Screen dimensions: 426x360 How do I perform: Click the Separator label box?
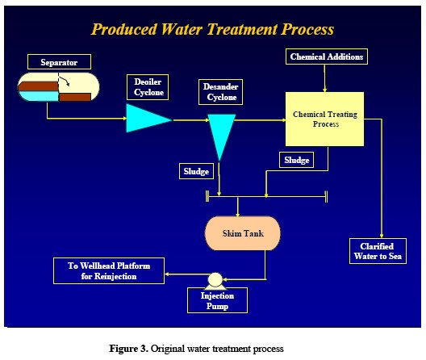(x=59, y=61)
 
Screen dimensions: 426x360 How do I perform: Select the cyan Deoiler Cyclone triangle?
(x=145, y=119)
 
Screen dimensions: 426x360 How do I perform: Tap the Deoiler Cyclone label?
(x=148, y=87)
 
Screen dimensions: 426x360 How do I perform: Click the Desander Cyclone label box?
(x=220, y=92)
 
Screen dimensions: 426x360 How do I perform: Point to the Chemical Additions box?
(x=327, y=57)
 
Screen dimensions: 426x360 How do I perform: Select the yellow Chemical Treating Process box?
(x=324, y=119)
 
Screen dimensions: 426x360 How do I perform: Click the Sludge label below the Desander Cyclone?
(x=196, y=171)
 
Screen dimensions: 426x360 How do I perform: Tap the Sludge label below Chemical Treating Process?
(x=296, y=160)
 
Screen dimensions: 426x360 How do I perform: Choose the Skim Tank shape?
(x=243, y=233)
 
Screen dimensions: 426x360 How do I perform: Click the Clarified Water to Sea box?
(x=378, y=251)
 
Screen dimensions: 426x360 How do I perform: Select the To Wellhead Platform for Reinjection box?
(x=109, y=271)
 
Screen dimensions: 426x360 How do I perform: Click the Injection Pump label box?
(x=217, y=300)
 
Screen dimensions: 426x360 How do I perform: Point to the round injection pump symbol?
(x=215, y=280)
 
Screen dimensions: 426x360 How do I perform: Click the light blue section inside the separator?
(x=38, y=96)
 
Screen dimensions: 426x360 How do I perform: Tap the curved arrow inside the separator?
(x=65, y=81)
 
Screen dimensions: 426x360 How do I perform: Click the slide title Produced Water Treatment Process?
(x=212, y=29)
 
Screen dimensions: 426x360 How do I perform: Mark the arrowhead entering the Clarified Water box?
(x=382, y=236)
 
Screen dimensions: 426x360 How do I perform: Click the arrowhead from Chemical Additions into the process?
(x=324, y=90)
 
